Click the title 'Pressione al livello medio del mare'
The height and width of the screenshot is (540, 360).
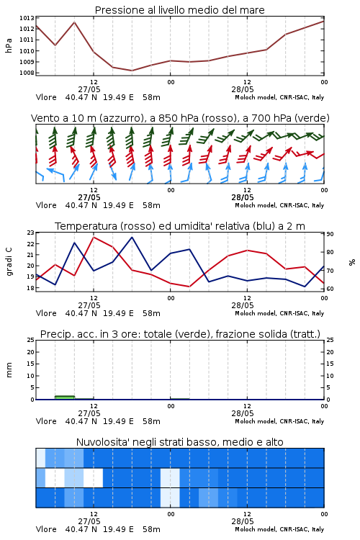pyautogui.click(x=179, y=10)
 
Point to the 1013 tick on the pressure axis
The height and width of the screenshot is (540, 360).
pyautogui.click(x=27, y=18)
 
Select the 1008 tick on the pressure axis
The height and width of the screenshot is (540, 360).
pyautogui.click(x=27, y=73)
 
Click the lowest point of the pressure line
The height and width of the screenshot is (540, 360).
pyautogui.click(x=132, y=71)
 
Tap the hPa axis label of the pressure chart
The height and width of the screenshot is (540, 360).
pyautogui.click(x=9, y=45)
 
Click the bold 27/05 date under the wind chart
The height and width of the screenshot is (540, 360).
pyautogui.click(x=89, y=198)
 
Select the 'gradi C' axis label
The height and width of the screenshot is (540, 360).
pyautogui.click(x=9, y=261)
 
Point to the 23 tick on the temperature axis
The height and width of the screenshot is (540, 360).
pyautogui.click(x=31, y=233)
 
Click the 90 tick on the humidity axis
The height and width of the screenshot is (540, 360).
pyautogui.click(x=330, y=234)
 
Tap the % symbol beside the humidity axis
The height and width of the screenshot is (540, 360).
pyautogui.click(x=352, y=262)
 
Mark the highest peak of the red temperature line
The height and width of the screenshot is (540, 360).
pyautogui.click(x=94, y=237)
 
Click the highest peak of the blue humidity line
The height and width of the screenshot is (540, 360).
pyautogui.click(x=132, y=237)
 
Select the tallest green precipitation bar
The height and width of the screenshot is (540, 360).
pyautogui.click(x=65, y=397)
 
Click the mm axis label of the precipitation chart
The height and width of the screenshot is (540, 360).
pyautogui.click(x=9, y=370)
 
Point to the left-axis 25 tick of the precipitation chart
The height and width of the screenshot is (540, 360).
pyautogui.click(x=31, y=340)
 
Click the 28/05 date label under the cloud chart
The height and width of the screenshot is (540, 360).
pyautogui.click(x=243, y=521)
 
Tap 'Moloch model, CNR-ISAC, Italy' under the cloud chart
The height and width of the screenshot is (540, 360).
pyautogui.click(x=279, y=529)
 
